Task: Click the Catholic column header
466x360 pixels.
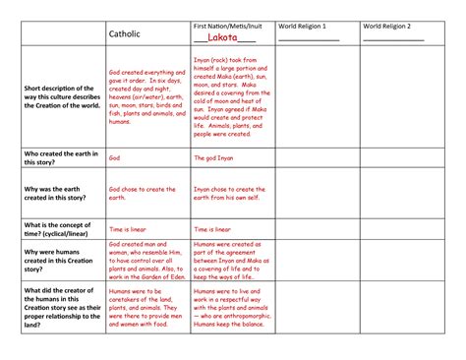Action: [x=124, y=33]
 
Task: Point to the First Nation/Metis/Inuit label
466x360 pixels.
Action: [x=228, y=25]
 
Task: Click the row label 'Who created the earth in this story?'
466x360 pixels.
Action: [x=59, y=159]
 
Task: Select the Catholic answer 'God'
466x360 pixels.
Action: [x=115, y=156]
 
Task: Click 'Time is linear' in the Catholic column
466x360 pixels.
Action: [x=129, y=228]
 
